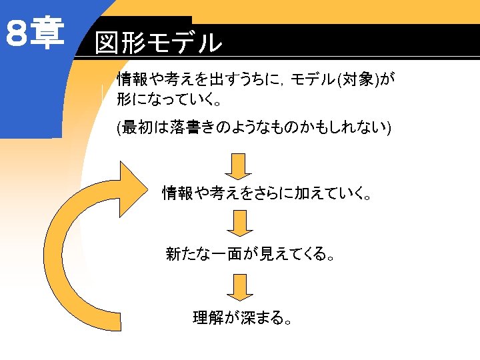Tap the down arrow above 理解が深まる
240,287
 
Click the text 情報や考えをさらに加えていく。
267,194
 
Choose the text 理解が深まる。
242,317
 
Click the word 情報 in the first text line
132,81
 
